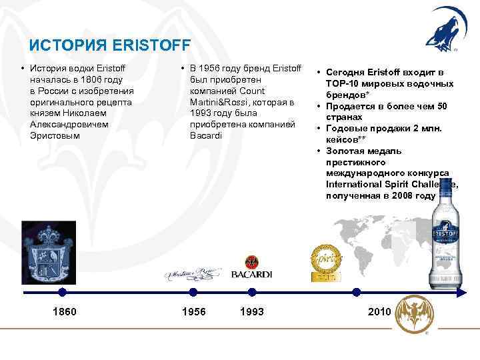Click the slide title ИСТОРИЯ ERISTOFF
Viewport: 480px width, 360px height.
click(x=110, y=45)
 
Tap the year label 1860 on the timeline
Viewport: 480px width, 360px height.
click(x=64, y=312)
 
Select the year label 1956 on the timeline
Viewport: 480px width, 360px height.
click(x=194, y=312)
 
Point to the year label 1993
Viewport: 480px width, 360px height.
click(x=252, y=312)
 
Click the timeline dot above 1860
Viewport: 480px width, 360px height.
click(x=62, y=292)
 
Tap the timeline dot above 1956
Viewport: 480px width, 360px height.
click(x=193, y=292)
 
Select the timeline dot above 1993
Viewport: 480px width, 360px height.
click(x=251, y=292)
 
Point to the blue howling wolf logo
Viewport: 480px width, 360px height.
click(x=440, y=30)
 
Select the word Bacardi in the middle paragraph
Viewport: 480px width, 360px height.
click(x=205, y=135)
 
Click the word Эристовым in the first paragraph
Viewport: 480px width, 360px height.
click(x=55, y=135)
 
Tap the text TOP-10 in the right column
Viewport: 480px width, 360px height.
click(x=343, y=83)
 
